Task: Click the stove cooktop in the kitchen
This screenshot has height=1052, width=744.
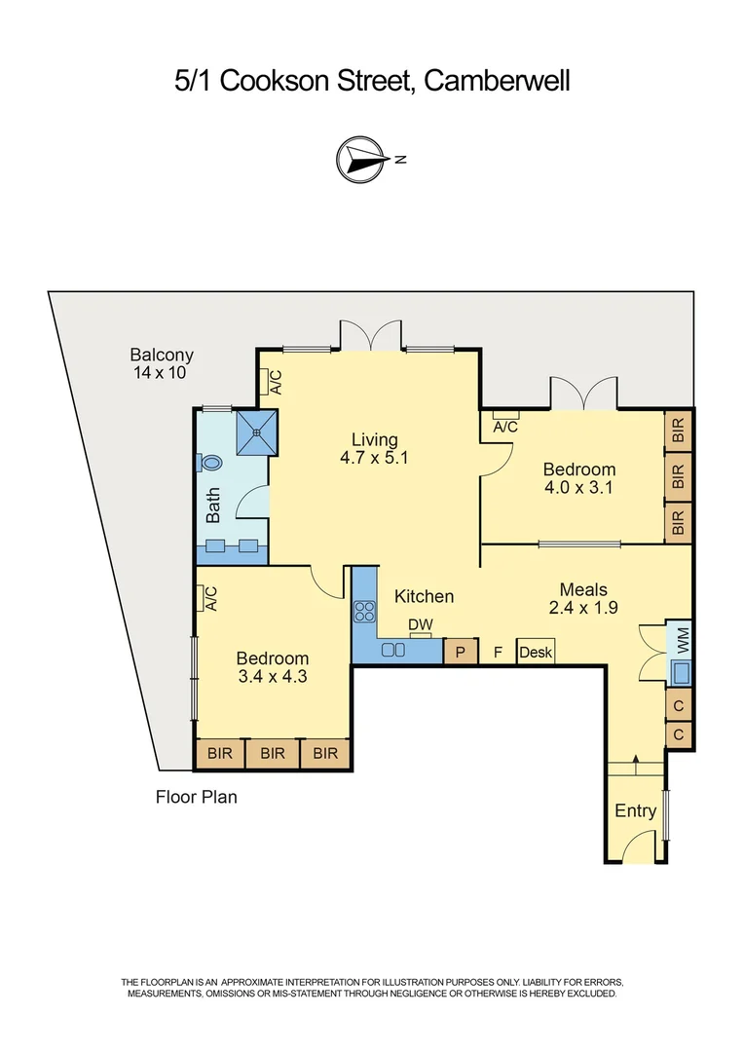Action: [x=365, y=612]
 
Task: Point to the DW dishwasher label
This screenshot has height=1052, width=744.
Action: [x=420, y=624]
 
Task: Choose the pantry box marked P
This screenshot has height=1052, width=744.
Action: [x=460, y=652]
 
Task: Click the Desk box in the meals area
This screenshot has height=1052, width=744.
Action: [x=535, y=652]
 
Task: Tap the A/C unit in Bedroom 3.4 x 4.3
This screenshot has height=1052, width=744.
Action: [x=206, y=598]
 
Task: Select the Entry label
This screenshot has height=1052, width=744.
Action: [x=635, y=810]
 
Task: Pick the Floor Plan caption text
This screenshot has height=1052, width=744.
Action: [x=197, y=797]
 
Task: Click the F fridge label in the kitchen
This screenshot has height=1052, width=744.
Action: [x=498, y=652]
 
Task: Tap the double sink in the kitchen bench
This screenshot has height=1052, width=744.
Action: [x=394, y=650]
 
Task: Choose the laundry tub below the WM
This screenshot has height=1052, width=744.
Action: [x=681, y=672]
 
